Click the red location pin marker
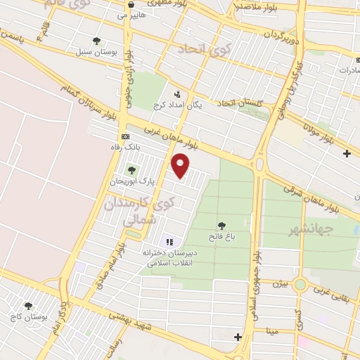click(181, 165)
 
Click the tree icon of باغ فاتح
click(222, 226)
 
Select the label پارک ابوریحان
click(131, 181)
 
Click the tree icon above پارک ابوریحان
click(131, 170)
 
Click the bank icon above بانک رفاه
click(125, 136)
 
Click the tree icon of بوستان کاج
click(28, 307)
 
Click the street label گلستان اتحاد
click(240, 103)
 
